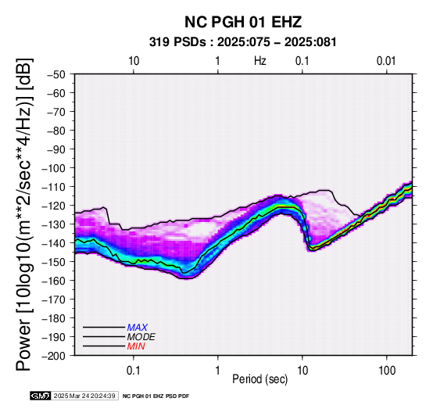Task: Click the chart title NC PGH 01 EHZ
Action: tap(243, 22)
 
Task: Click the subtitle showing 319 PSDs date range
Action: tap(243, 42)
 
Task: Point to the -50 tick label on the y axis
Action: tap(56, 74)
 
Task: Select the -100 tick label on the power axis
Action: tap(54, 168)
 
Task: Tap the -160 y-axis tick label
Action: tap(54, 281)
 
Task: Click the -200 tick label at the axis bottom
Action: tap(54, 356)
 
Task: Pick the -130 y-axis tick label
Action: tap(54, 224)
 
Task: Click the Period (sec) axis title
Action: tap(259, 379)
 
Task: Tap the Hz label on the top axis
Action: tap(260, 61)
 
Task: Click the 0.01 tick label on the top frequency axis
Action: tap(386, 61)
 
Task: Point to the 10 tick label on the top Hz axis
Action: tap(134, 61)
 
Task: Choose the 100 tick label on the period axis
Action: tap(387, 371)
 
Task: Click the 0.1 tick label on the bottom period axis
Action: tap(134, 371)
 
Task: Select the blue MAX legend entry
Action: tap(138, 328)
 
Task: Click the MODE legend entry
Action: tap(141, 337)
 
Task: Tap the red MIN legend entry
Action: tap(136, 346)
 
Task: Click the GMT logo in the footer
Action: tap(41, 396)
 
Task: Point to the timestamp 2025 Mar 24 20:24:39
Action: tap(84, 396)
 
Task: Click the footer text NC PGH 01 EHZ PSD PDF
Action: tap(156, 396)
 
